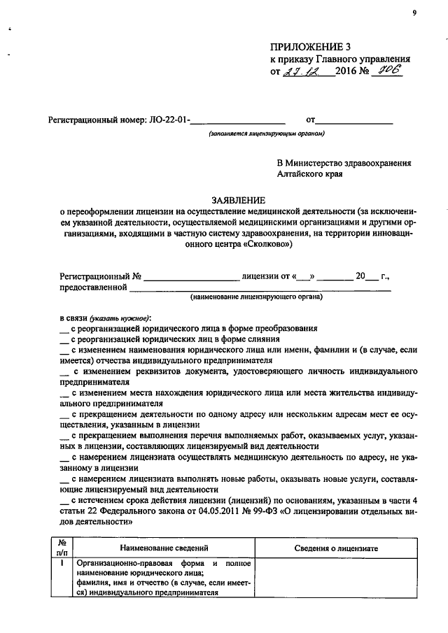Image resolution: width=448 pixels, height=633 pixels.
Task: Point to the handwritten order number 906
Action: click(x=389, y=71)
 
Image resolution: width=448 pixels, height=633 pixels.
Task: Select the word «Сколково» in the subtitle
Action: click(x=263, y=246)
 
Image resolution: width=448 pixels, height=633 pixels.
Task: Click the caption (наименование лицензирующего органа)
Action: click(x=256, y=297)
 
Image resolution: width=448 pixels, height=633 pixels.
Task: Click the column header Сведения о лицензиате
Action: click(x=336, y=548)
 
